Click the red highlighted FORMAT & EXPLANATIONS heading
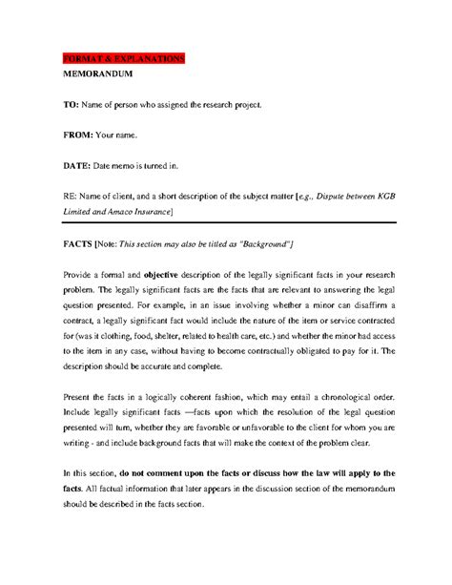[x=122, y=59]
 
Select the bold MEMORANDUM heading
[x=97, y=73]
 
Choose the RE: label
[x=72, y=197]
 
